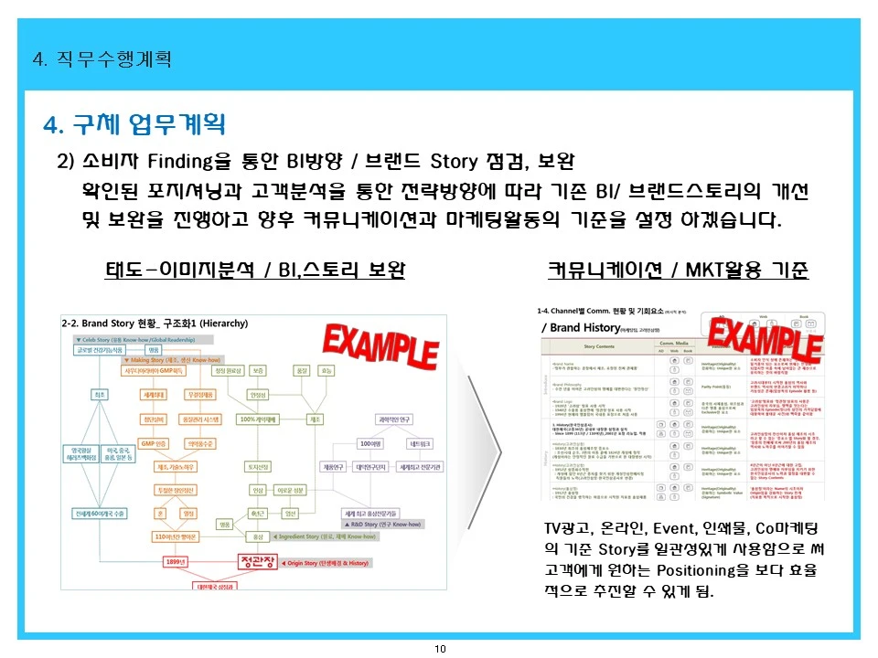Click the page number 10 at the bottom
point(440,649)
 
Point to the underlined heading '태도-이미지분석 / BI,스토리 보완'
point(255,271)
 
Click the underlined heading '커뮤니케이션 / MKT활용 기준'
point(678,271)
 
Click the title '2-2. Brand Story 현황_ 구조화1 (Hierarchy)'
point(155,324)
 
